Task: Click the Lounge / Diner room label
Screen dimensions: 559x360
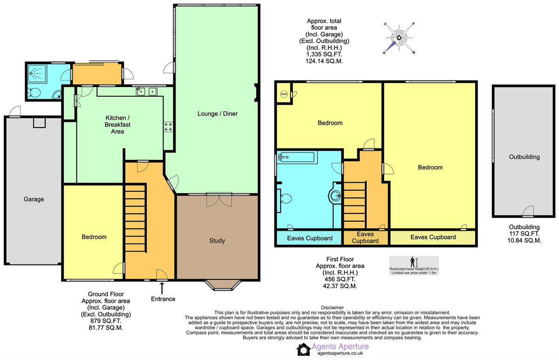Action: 218,114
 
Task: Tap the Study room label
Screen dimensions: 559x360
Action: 217,240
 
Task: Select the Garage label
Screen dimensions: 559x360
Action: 34,199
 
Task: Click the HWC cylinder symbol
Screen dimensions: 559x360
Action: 284,94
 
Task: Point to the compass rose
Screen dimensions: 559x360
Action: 399,38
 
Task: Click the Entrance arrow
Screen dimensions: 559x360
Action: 162,288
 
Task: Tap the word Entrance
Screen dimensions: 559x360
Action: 163,299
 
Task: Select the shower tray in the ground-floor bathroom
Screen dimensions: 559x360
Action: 37,74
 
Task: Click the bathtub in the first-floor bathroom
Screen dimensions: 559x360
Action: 297,157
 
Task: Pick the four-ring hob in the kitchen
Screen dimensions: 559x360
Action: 168,127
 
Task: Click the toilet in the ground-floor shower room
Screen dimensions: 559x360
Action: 34,93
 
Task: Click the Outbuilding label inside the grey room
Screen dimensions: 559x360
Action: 525,157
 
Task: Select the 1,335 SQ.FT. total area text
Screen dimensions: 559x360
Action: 324,54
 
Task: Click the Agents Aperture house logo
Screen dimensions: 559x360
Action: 304,349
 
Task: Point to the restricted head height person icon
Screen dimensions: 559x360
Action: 412,262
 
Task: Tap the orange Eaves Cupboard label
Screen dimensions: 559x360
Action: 365,238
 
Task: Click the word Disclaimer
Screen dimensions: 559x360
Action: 332,308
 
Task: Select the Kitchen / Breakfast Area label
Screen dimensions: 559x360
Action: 117,124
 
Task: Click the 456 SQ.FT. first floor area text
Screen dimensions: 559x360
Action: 340,279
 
